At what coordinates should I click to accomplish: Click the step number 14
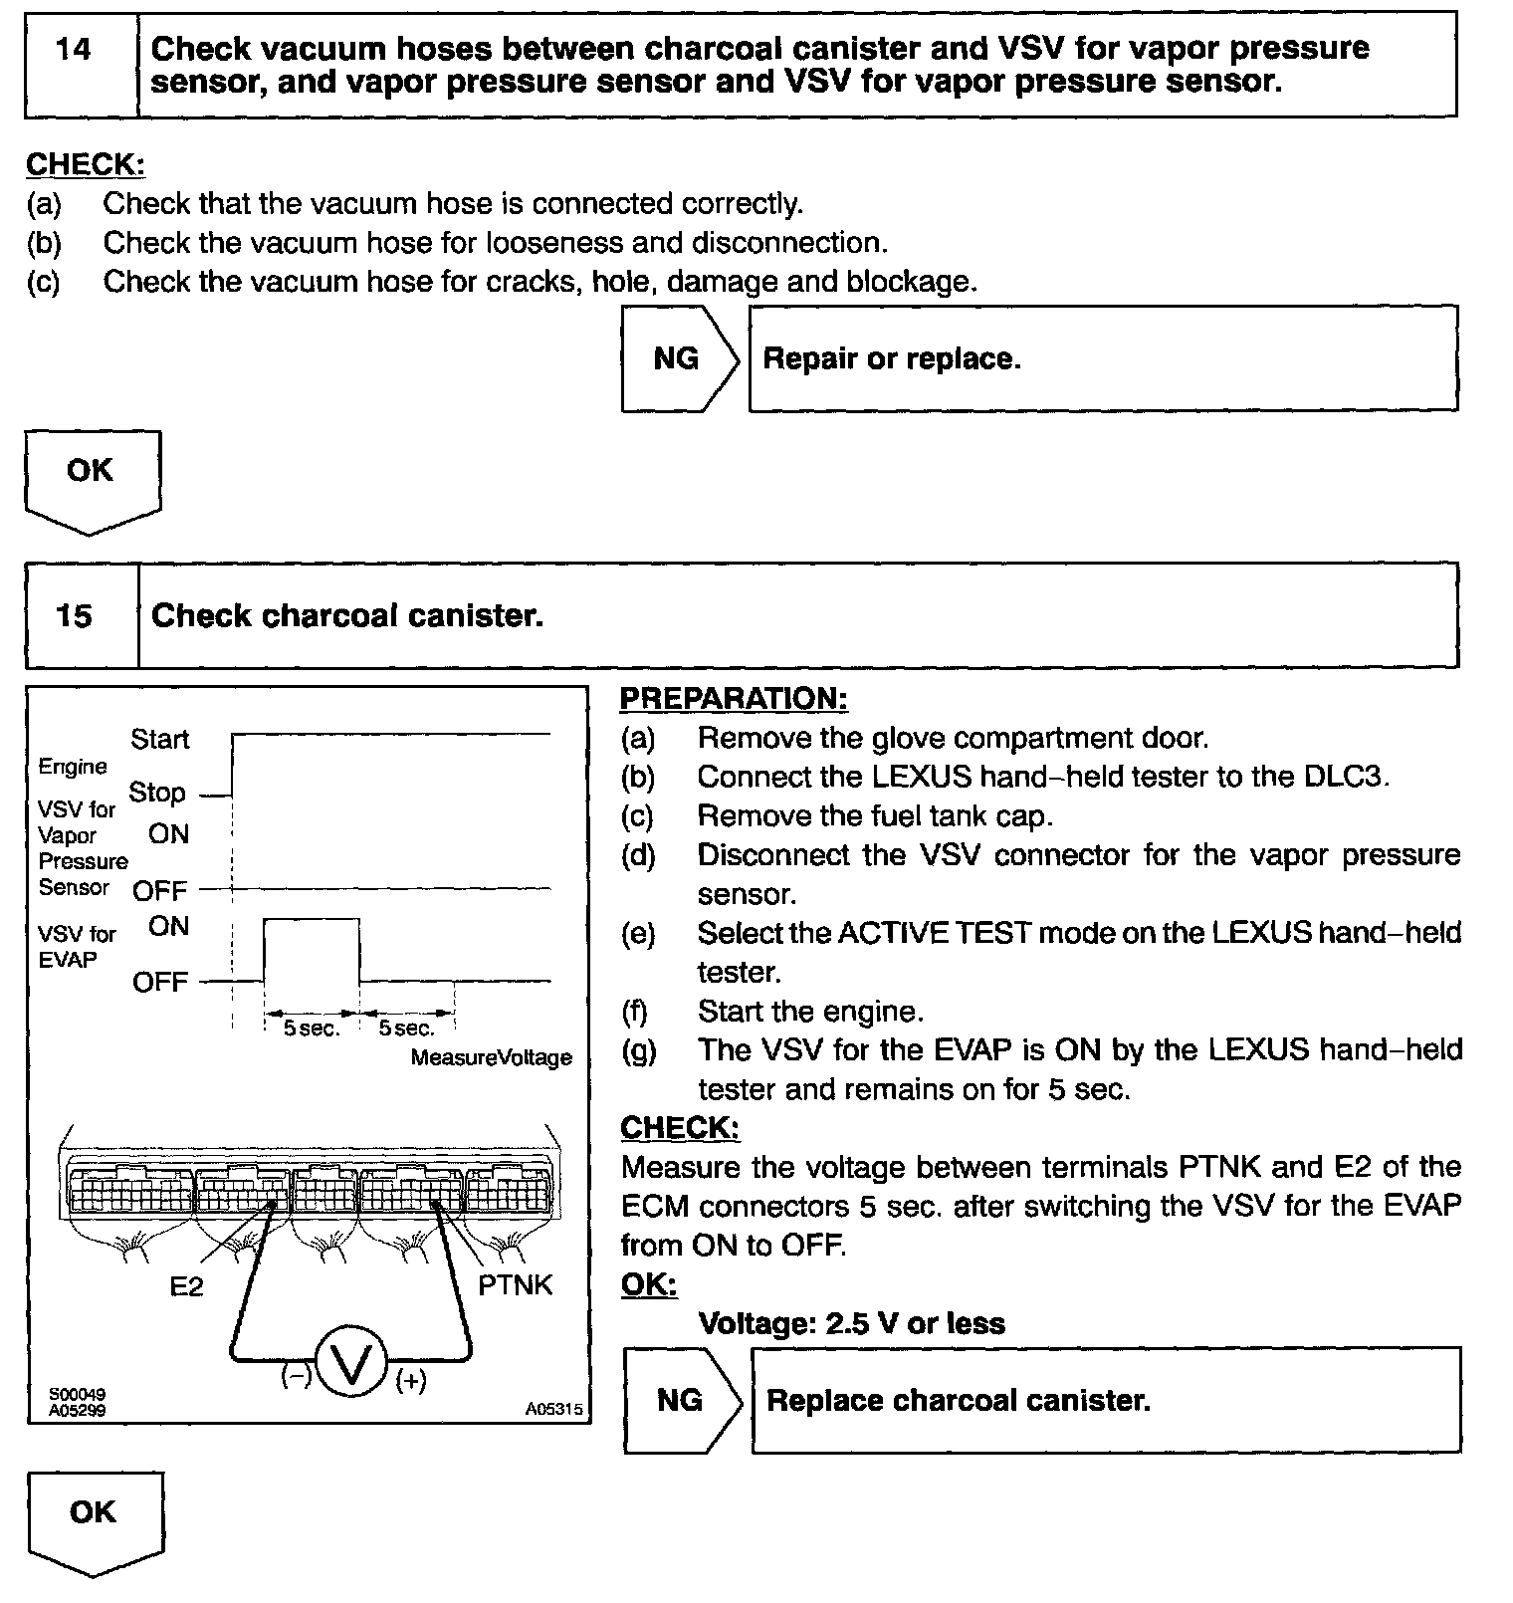(x=74, y=50)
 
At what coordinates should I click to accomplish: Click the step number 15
(x=74, y=615)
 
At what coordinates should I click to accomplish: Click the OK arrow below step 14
(x=91, y=471)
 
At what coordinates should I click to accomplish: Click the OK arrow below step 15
(x=94, y=1512)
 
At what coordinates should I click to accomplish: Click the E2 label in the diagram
(x=186, y=1286)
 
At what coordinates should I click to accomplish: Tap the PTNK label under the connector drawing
(x=515, y=1285)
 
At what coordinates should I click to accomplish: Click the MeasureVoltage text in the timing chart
(x=492, y=1057)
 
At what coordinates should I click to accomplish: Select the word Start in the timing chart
(x=159, y=739)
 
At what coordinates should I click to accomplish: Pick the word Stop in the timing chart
(x=157, y=793)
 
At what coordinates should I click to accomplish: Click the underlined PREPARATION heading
(x=734, y=699)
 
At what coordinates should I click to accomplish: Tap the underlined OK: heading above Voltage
(x=648, y=1284)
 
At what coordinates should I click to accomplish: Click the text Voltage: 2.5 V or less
(x=851, y=1323)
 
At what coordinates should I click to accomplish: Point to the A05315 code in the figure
(x=554, y=1410)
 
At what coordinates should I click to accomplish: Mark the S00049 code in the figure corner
(x=77, y=1395)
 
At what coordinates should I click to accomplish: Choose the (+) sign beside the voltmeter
(x=411, y=1381)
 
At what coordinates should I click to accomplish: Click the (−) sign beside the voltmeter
(x=296, y=1377)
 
